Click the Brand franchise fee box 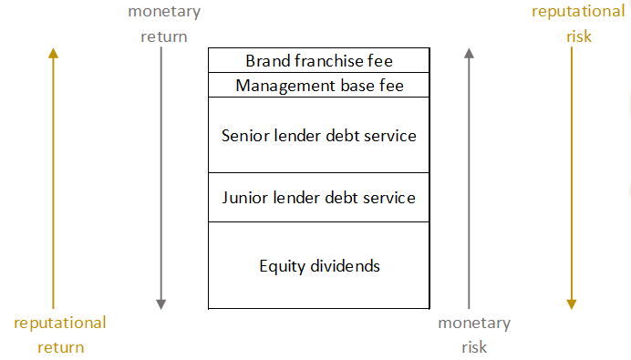319,60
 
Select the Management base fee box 319,85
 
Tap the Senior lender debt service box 319,135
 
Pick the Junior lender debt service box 319,198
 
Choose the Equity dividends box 319,265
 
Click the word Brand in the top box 268,61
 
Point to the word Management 285,86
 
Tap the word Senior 245,136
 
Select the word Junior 244,198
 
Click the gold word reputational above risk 578,12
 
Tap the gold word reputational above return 60,324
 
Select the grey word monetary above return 164,12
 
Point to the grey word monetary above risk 474,324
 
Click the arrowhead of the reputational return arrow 53,53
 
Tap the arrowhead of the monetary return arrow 161,304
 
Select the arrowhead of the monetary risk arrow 469,53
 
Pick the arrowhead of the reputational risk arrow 572,304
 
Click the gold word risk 579,36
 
